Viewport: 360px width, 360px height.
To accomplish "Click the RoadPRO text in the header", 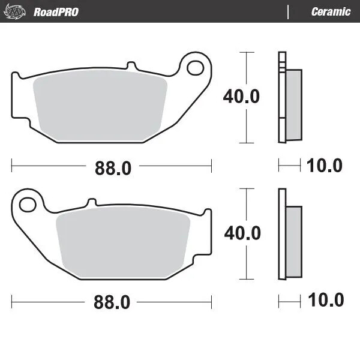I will click(x=56, y=11).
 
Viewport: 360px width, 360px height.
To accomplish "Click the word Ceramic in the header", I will click(x=331, y=11).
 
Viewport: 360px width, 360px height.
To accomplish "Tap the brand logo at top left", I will click(x=17, y=11).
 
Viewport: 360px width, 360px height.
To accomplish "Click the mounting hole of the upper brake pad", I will click(x=195, y=68).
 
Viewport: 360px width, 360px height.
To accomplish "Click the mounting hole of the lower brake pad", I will click(x=28, y=205).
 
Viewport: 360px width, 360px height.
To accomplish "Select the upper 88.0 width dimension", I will click(x=112, y=168).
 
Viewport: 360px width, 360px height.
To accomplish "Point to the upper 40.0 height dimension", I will click(x=241, y=96).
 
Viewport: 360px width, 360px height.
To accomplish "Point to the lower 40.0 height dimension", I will click(x=241, y=233).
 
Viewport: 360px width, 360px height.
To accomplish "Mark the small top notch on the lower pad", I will click(x=91, y=202).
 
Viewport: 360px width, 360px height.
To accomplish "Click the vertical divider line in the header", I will click(x=289, y=11).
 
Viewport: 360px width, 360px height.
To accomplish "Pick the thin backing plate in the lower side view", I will click(x=280, y=234).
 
